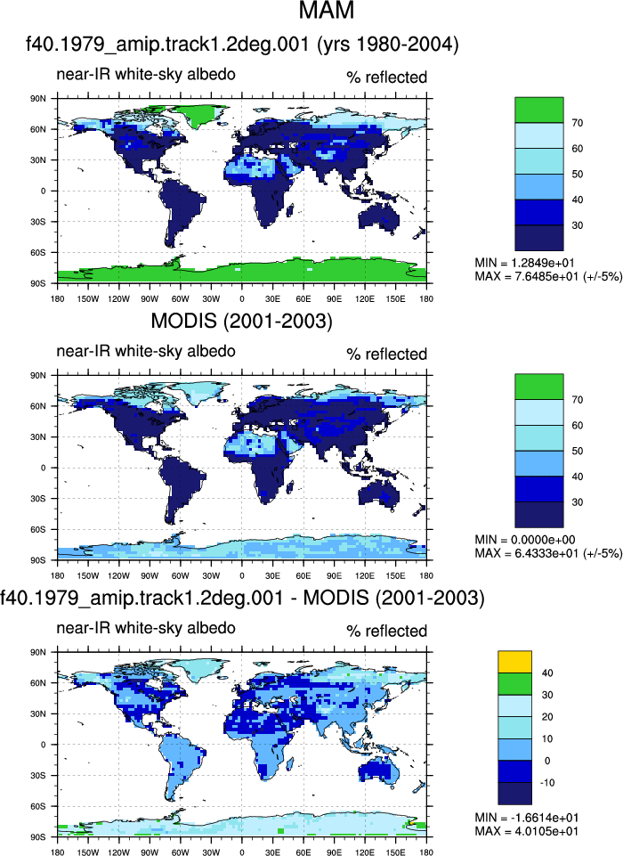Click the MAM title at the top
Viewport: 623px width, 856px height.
[x=327, y=10]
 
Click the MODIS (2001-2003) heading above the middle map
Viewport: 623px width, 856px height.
[x=242, y=321]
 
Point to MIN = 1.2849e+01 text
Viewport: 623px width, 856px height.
[x=524, y=263]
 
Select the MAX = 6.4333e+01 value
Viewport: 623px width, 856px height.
[x=548, y=553]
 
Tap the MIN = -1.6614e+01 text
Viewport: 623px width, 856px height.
[x=527, y=818]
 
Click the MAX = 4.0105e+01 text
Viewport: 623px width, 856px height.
[x=527, y=831]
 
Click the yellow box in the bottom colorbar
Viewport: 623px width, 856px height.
[x=514, y=662]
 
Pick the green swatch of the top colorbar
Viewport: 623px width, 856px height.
[x=539, y=110]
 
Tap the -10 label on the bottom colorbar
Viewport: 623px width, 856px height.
[x=547, y=783]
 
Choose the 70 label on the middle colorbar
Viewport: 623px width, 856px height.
[x=578, y=400]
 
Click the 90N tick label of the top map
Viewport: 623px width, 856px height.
[x=39, y=99]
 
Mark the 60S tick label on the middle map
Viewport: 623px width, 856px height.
[x=39, y=529]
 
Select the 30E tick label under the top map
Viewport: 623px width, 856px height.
[x=272, y=298]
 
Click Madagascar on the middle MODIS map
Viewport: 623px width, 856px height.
[x=291, y=487]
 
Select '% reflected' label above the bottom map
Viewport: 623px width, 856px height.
[x=387, y=631]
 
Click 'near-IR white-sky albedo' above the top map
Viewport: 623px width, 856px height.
[x=146, y=74]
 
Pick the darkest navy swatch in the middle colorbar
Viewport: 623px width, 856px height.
[x=539, y=515]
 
